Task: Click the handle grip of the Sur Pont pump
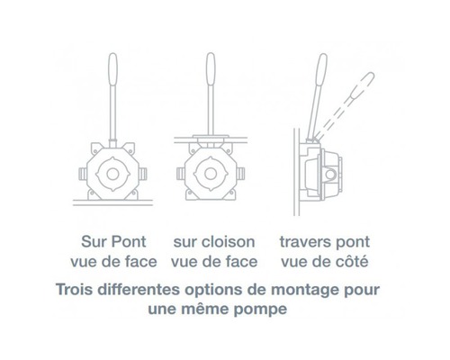pyautogui.click(x=112, y=69)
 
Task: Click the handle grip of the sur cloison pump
pyautogui.click(x=211, y=69)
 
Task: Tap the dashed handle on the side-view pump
pyautogui.click(x=344, y=106)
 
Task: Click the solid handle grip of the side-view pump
pyautogui.click(x=321, y=70)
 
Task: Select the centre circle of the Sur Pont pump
pyautogui.click(x=112, y=174)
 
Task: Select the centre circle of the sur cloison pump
pyautogui.click(x=211, y=174)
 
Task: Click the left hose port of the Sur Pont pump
pyautogui.click(x=83, y=174)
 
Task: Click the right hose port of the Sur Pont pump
pyautogui.click(x=143, y=174)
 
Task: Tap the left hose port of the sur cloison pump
pyautogui.click(x=181, y=174)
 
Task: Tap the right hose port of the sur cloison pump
pyautogui.click(x=240, y=174)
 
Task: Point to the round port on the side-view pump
pyautogui.click(x=330, y=174)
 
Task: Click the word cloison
pyautogui.click(x=232, y=241)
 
